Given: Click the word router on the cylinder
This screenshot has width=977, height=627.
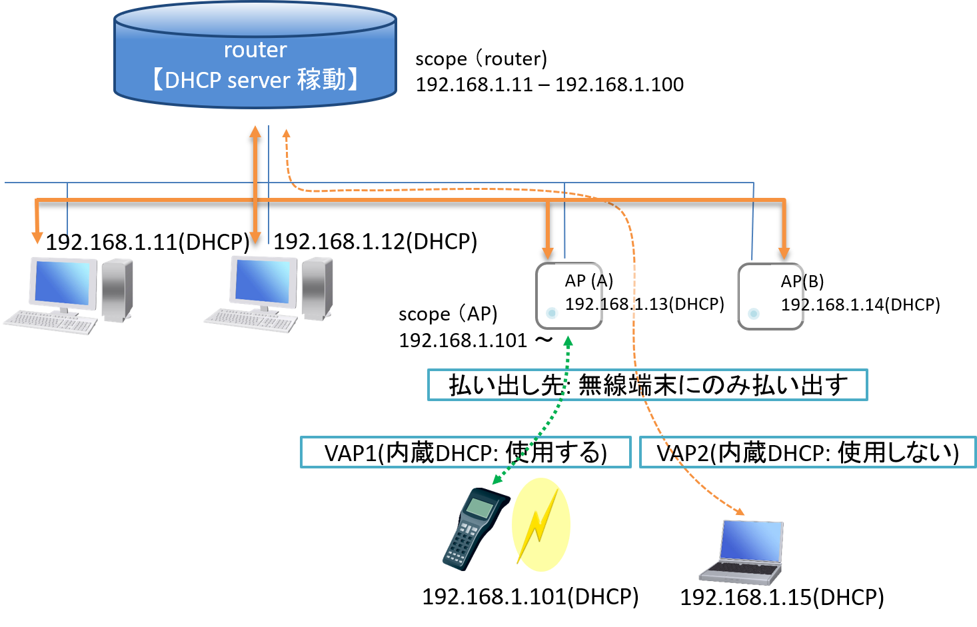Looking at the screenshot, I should (255, 50).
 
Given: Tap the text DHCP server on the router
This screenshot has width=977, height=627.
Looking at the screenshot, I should (227, 81).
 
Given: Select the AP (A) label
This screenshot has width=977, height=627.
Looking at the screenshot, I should (589, 281).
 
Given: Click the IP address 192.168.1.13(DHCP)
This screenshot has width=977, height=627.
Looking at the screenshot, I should (644, 304).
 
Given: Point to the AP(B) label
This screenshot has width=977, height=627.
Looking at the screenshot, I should (802, 281).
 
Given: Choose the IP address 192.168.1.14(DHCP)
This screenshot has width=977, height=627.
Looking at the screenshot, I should (860, 305).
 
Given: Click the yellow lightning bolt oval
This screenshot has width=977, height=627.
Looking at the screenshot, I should (540, 524).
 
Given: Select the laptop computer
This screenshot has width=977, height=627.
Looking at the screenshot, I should (743, 552).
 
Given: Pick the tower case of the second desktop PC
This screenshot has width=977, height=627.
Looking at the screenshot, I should (317, 289).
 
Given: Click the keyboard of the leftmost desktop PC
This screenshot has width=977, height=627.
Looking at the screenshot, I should (50, 322).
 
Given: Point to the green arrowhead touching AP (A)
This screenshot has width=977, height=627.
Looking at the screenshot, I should (568, 341).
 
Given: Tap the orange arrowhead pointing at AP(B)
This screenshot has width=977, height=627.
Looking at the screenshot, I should (784, 253).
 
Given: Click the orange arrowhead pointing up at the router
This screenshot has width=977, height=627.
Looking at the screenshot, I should (255, 131).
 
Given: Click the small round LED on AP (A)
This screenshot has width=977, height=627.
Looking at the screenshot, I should (551, 313).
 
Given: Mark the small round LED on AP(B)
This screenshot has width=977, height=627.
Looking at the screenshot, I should (754, 313).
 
